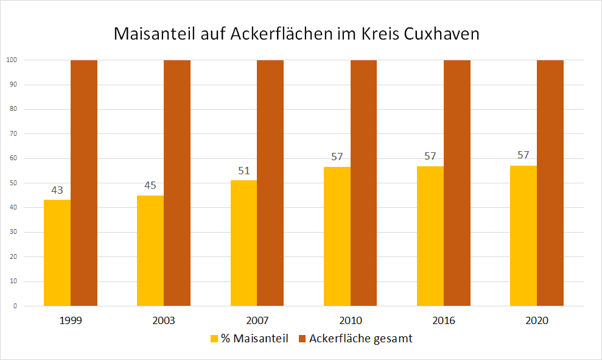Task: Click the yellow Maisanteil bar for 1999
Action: [57, 253]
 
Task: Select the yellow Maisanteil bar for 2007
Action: [243, 243]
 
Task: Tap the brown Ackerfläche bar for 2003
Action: [177, 183]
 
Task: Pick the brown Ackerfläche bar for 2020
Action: [550, 183]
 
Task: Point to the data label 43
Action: [57, 191]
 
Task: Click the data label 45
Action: [150, 186]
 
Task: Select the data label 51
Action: [243, 171]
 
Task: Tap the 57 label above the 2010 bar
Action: [337, 157]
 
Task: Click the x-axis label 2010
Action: [351, 320]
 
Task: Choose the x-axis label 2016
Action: [444, 320]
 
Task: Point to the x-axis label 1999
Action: [71, 320]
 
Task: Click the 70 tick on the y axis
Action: [12, 134]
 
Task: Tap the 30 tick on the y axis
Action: [12, 232]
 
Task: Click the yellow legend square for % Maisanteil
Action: [214, 339]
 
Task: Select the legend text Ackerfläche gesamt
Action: [360, 339]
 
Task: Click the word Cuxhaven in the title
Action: [442, 34]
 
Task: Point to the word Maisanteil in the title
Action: [156, 34]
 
